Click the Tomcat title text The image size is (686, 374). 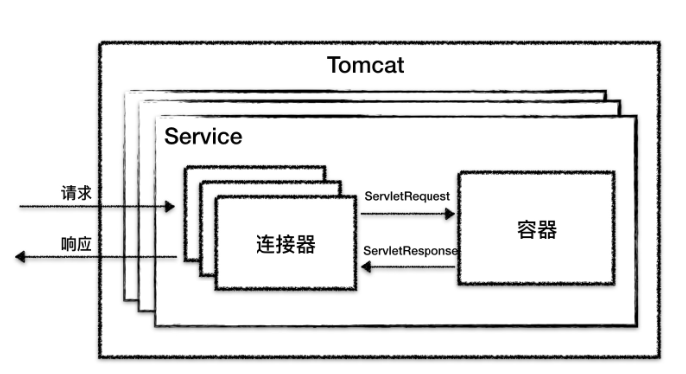(365, 67)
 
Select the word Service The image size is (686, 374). (203, 136)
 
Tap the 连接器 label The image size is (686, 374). (285, 243)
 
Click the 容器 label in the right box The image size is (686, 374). (536, 230)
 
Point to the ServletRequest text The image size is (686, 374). (408, 196)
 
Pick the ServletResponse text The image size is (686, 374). (411, 250)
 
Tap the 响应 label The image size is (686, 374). (77, 241)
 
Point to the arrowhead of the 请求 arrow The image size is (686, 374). (170, 208)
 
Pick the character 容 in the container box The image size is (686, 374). (526, 230)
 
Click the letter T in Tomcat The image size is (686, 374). (334, 67)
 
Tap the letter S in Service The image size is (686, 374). (171, 136)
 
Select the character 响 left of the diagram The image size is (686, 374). (69, 241)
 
